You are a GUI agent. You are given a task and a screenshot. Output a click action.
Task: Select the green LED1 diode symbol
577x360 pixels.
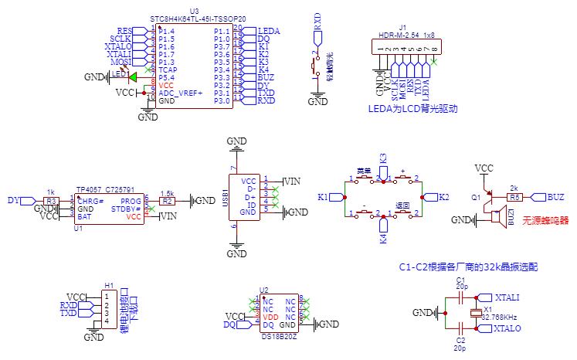(x=132, y=76)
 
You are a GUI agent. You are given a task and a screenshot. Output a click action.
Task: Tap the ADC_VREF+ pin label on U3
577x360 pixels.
(x=180, y=93)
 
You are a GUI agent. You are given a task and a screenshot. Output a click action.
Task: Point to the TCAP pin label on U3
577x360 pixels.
(x=168, y=70)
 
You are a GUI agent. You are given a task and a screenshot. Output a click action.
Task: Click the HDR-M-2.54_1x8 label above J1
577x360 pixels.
(x=406, y=36)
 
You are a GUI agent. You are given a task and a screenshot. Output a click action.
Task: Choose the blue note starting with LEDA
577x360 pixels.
(x=413, y=109)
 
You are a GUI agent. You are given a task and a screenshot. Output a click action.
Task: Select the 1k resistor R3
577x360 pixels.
(x=52, y=201)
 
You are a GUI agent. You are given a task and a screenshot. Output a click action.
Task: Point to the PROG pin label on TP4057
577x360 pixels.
(x=132, y=201)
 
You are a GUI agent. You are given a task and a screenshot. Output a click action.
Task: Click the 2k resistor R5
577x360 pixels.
(x=515, y=197)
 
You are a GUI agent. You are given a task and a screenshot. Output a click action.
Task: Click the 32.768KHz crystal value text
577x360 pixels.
(x=499, y=317)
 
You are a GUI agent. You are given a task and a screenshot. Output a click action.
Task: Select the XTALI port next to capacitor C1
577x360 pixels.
(x=506, y=297)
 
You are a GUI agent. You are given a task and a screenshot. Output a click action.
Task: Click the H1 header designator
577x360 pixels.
(x=109, y=285)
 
